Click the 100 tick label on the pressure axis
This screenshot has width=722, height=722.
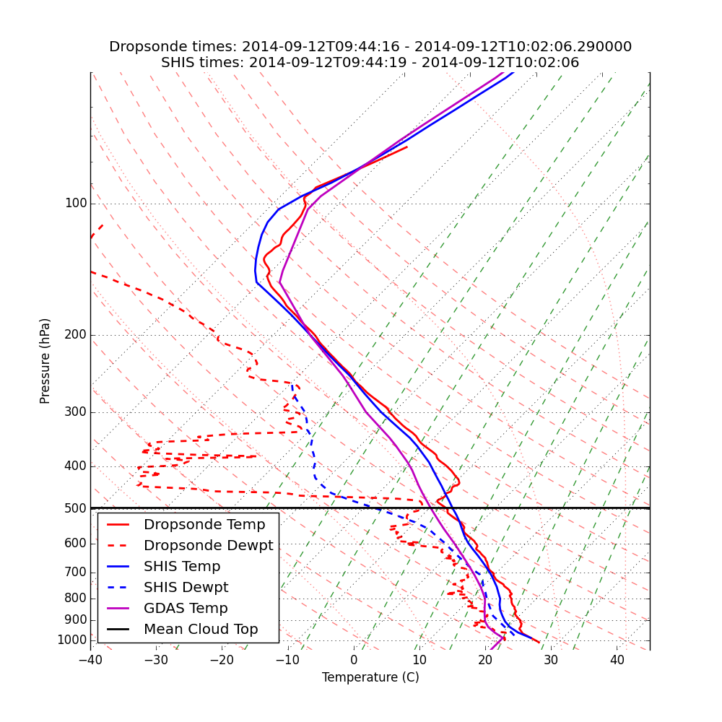(76, 204)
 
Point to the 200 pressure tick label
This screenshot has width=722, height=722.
(76, 335)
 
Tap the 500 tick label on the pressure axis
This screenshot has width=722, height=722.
(76, 508)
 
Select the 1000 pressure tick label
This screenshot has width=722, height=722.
(72, 640)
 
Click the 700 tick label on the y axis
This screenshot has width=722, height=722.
(76, 573)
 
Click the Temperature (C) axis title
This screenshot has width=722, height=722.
(370, 677)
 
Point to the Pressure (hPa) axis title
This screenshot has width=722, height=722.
(45, 360)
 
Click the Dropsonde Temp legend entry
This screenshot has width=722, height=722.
(204, 525)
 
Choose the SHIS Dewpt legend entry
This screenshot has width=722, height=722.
(186, 588)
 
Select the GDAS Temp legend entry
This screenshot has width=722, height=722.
(186, 609)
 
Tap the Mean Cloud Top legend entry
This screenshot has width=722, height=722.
(201, 630)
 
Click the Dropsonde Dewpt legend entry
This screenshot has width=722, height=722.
(208, 546)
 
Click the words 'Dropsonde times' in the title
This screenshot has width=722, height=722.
(173, 47)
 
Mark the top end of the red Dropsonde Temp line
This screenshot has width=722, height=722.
(406, 147)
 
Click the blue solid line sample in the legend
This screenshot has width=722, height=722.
(121, 567)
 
